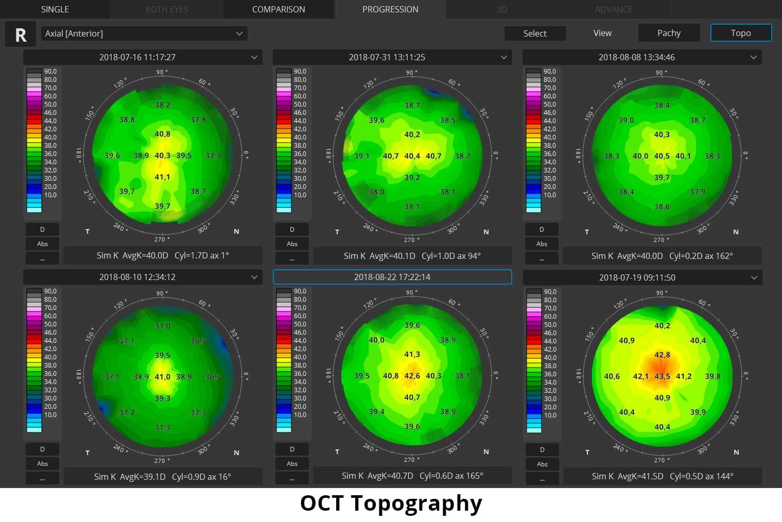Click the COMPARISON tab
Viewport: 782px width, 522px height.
tap(279, 9)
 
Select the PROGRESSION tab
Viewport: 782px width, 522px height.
tap(390, 9)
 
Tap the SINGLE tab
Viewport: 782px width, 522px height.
tap(55, 9)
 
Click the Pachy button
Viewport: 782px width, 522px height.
tap(669, 33)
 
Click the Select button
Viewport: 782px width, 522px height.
tap(535, 33)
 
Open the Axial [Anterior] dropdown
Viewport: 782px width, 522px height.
tap(144, 33)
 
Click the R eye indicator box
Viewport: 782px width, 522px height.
tap(21, 34)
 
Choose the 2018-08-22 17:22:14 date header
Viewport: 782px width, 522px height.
tap(392, 277)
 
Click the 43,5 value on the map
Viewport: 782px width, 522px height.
tap(662, 376)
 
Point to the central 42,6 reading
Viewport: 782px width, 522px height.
tap(412, 376)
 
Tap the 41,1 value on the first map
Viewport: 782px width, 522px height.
tap(162, 177)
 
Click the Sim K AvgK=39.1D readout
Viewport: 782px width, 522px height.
tap(130, 477)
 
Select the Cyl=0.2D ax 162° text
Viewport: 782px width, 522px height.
tap(701, 256)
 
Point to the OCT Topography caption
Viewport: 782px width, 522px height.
tap(391, 503)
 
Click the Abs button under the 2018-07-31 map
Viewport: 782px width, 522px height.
tap(292, 244)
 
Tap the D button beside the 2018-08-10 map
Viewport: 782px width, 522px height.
tap(42, 449)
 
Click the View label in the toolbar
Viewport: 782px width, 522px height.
tap(602, 33)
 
